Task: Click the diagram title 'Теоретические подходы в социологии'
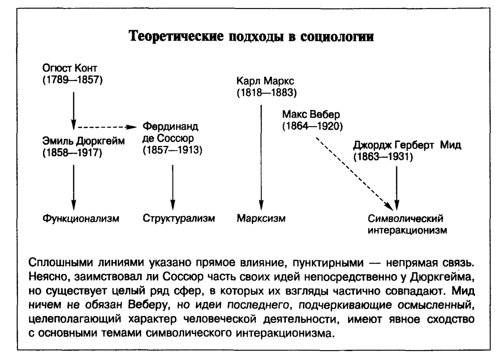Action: (x=252, y=36)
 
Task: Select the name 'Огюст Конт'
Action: (x=70, y=68)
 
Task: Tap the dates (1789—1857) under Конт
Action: (x=72, y=80)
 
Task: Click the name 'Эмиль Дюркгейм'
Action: (x=83, y=141)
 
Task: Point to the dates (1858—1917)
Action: (x=72, y=153)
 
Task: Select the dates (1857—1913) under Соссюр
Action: (x=172, y=150)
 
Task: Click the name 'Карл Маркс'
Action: (x=265, y=81)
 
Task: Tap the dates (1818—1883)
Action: (x=267, y=93)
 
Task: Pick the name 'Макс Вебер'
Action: (x=311, y=114)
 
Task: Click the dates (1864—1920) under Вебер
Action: (x=313, y=126)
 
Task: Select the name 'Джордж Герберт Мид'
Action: (x=407, y=145)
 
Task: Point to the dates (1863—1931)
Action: (x=383, y=157)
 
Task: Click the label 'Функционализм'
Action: (x=81, y=218)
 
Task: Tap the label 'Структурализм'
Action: (x=179, y=218)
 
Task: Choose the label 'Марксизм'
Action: (x=261, y=218)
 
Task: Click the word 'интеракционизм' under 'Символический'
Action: (x=407, y=230)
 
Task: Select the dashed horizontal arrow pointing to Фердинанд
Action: (x=107, y=127)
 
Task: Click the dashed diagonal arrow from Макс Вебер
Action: (x=355, y=174)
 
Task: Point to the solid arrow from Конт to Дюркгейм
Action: (x=74, y=111)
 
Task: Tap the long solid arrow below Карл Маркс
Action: (x=261, y=157)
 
